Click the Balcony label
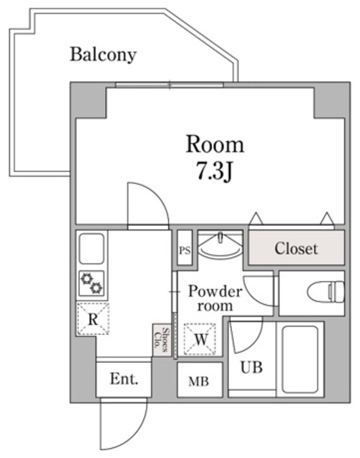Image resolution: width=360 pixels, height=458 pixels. coord(103,54)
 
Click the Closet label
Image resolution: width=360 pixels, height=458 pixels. coord(296,248)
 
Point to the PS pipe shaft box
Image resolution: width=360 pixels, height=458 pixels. coord(185,248)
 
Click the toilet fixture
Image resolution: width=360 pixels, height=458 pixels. coord(326,293)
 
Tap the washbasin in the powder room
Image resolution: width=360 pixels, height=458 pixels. coord(220,245)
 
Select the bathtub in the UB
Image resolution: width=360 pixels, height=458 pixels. coord(300,359)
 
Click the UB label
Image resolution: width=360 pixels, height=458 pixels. coord(251,367)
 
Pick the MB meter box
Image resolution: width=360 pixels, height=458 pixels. coord(200,380)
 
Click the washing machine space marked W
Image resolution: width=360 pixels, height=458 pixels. coord(200,338)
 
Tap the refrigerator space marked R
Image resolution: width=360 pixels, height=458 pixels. coord(92,319)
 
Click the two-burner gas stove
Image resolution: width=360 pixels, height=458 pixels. coord(92,283)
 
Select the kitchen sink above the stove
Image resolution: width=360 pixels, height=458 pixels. coord(92,248)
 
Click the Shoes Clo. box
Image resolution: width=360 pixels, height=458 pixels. coord(162,340)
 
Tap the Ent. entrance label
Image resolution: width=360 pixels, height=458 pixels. coord(124,379)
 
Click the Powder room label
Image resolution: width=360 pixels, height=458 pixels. coord(215,298)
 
